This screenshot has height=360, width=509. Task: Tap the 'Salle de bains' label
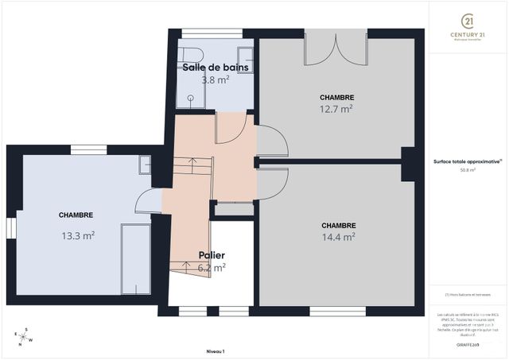[x=216, y=68]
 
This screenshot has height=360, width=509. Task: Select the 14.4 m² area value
[x=338, y=236]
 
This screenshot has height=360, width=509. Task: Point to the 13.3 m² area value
[x=78, y=235]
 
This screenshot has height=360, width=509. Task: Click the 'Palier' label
[x=212, y=256]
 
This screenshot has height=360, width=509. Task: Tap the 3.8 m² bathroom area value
[x=215, y=80]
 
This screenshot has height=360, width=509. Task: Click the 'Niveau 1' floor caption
[x=215, y=350]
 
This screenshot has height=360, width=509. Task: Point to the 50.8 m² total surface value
[x=468, y=169]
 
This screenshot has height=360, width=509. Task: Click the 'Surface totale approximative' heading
[x=467, y=161]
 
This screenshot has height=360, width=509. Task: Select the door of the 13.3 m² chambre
[x=148, y=202]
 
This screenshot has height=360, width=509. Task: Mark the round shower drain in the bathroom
[x=191, y=98]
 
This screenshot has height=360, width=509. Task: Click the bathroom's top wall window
[x=212, y=33]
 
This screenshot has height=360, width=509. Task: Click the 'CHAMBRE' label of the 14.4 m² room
[x=338, y=225]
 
